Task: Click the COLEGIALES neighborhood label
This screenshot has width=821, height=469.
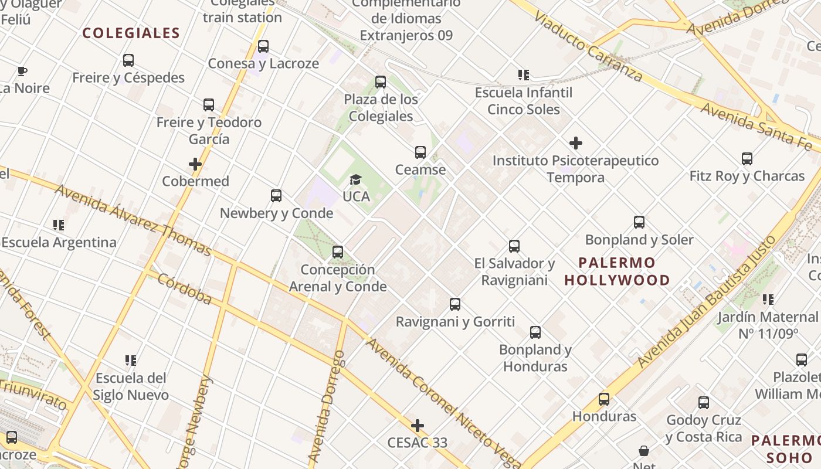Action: click(131, 33)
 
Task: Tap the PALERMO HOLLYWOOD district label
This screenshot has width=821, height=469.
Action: click(617, 271)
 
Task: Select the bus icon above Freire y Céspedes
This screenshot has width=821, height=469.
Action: click(128, 60)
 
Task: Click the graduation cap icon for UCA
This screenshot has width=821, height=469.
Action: click(355, 179)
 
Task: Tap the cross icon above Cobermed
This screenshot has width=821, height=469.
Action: click(195, 164)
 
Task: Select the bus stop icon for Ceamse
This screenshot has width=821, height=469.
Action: click(420, 152)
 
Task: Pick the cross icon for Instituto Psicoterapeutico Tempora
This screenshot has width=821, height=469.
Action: click(576, 143)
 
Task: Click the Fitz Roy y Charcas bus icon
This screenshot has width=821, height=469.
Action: click(747, 159)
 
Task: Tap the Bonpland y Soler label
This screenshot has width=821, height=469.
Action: click(639, 240)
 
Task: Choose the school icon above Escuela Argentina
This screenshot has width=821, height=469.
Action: click(58, 225)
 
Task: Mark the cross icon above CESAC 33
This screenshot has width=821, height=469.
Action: click(418, 425)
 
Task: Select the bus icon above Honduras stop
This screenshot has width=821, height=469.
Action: click(604, 399)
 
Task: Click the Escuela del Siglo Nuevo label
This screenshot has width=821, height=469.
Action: click(131, 386)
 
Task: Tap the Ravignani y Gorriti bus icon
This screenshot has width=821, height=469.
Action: click(455, 304)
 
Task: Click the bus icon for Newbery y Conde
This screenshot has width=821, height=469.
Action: click(276, 196)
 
